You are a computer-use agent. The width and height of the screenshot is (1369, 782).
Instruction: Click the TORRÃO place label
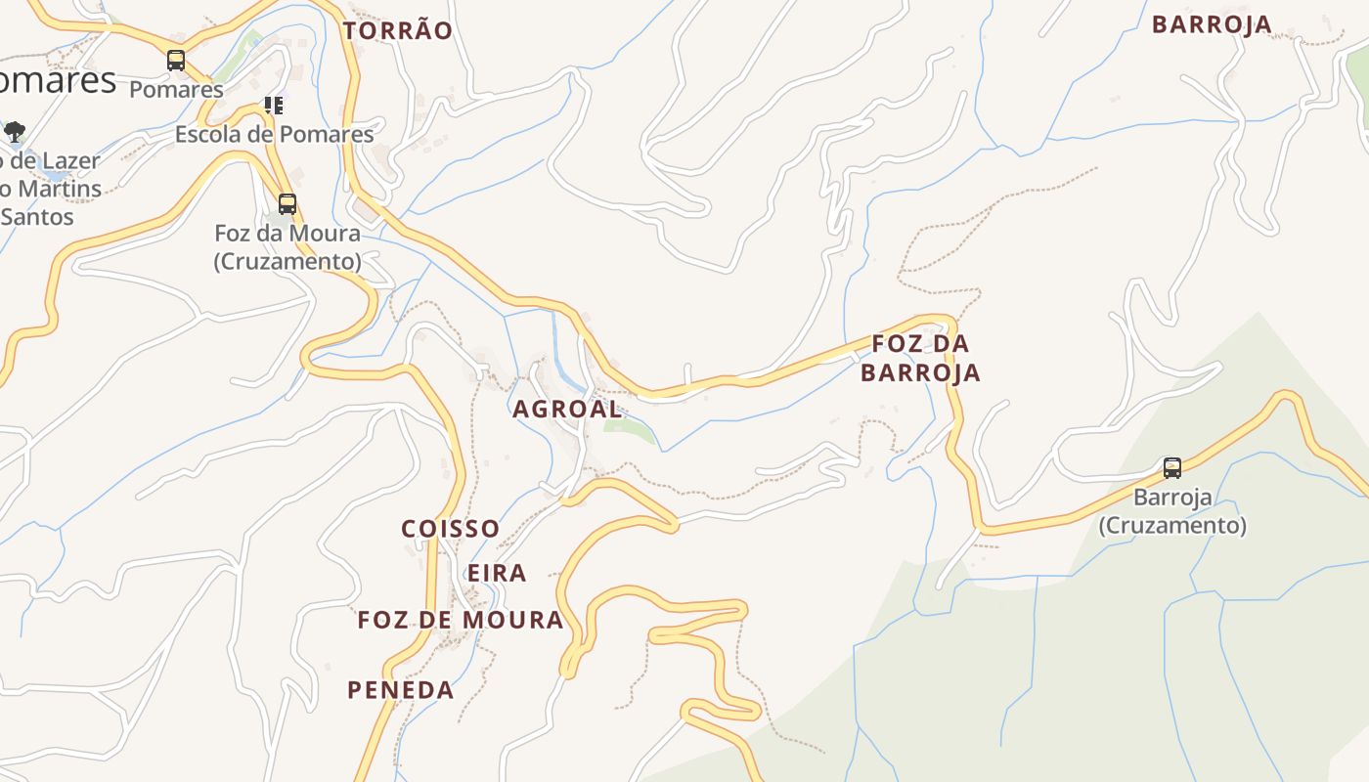click(398, 31)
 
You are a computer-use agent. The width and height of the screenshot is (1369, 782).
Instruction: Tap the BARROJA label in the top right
click(1212, 24)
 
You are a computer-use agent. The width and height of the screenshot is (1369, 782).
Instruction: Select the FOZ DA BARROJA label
click(920, 358)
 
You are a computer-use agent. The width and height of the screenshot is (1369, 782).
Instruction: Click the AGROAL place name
click(567, 410)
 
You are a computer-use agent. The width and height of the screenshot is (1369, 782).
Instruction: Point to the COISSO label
click(451, 529)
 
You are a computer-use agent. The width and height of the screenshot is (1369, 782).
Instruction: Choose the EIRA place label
click(497, 573)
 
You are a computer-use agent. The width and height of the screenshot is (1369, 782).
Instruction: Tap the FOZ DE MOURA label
click(461, 620)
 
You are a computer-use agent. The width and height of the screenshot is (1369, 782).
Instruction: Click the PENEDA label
click(401, 690)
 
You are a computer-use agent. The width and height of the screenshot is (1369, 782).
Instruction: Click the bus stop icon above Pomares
click(176, 61)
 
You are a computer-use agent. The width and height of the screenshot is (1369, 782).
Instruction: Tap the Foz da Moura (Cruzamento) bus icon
click(287, 204)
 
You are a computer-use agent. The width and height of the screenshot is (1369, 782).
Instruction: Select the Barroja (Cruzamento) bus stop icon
click(1172, 468)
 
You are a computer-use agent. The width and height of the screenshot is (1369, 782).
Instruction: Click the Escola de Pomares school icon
click(274, 106)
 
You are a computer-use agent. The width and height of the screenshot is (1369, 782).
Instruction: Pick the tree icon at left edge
click(14, 131)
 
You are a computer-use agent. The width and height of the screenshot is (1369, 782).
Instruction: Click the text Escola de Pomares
click(274, 134)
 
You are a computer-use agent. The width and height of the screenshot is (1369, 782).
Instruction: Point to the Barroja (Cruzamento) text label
click(1172, 511)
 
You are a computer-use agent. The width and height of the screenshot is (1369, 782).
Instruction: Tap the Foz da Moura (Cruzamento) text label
click(287, 247)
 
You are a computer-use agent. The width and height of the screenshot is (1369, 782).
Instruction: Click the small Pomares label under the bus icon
click(176, 89)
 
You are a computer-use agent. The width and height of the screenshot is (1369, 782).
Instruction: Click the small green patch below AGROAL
click(626, 428)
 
